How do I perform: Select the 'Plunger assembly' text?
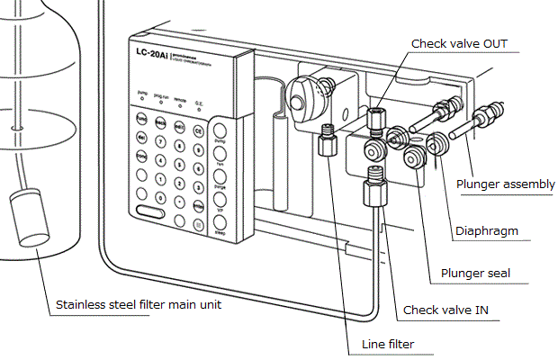point(505,184)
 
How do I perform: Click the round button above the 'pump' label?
point(221,129)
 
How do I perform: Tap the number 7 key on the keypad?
point(160,139)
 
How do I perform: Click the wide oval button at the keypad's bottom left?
point(151,213)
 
